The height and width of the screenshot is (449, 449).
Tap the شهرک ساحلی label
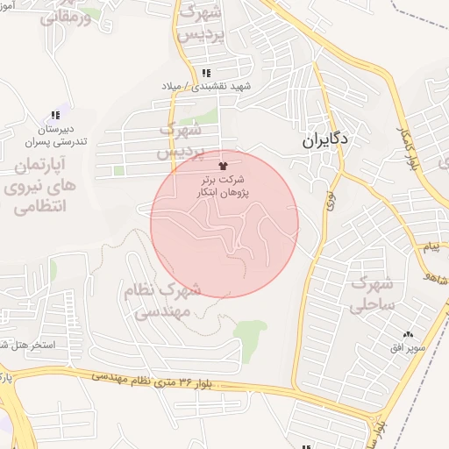[x=374, y=296]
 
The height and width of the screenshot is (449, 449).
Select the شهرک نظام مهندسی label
[x=165, y=301]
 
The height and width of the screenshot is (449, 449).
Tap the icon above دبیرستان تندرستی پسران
[x=56, y=115]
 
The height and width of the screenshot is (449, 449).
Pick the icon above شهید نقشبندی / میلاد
[x=205, y=73]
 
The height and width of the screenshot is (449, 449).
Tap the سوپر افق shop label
[x=410, y=348]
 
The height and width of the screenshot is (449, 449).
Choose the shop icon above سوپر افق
[x=408, y=334]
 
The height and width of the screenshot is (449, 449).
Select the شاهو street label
[x=437, y=280]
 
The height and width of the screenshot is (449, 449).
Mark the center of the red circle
[x=224, y=224]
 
